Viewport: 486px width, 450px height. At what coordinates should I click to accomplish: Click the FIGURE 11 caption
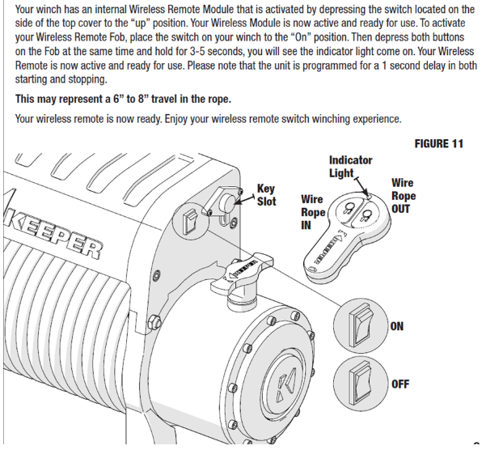[x=438, y=144]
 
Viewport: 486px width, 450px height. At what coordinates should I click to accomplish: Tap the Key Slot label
[x=266, y=194]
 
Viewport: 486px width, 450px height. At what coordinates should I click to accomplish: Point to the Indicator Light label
[x=350, y=166]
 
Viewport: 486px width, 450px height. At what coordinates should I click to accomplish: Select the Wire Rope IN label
[x=312, y=212]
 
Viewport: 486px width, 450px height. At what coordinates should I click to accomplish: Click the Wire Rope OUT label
[x=404, y=196]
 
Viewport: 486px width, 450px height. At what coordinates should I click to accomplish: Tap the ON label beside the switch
[x=397, y=326]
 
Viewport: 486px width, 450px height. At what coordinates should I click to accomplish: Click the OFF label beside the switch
[x=399, y=384]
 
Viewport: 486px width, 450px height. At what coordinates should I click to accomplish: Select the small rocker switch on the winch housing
[x=189, y=219]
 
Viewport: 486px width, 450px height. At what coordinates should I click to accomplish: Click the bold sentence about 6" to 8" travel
[x=123, y=99]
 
